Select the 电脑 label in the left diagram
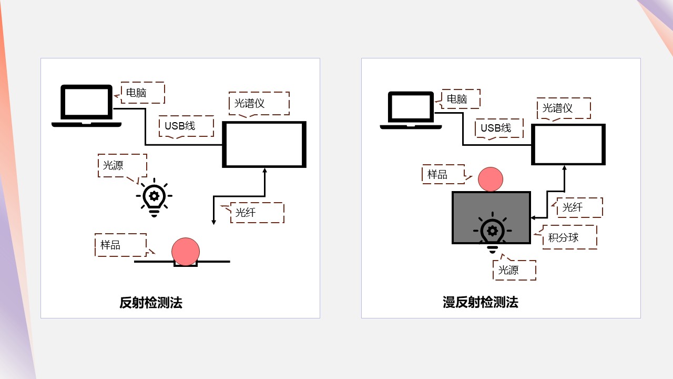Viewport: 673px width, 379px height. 137,93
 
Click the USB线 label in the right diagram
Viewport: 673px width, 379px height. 496,128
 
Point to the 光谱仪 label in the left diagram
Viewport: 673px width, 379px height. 250,103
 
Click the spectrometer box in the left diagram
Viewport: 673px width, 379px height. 264,144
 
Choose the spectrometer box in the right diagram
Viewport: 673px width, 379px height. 568,144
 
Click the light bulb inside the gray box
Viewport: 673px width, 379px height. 492,232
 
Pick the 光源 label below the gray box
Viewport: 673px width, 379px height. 508,270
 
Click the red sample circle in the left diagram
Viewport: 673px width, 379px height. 186,251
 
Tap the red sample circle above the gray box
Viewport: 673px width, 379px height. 491,179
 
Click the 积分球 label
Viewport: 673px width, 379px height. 564,237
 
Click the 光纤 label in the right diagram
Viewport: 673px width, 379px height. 573,207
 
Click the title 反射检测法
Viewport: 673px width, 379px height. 151,303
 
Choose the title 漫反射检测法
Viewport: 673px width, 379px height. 480,302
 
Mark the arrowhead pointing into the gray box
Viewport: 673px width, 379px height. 533,217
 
